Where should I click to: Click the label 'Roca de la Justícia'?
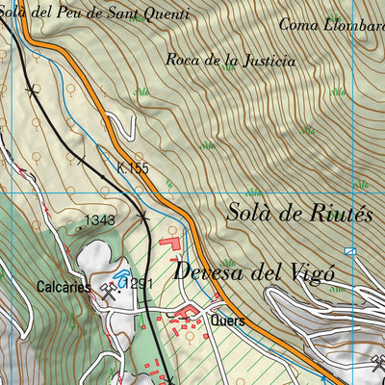tap(230, 60)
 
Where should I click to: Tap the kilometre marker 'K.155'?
tap(135, 167)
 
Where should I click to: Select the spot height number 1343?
tap(99, 221)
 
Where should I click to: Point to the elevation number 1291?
tap(138, 283)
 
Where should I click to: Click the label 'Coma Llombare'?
tap(331, 24)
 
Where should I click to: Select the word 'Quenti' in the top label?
tap(161, 11)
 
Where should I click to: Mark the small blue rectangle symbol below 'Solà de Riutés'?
tap(350, 250)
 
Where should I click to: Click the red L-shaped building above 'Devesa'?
tap(172, 244)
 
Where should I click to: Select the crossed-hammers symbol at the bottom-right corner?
tap(376, 364)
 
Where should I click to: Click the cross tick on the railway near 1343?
tap(143, 218)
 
